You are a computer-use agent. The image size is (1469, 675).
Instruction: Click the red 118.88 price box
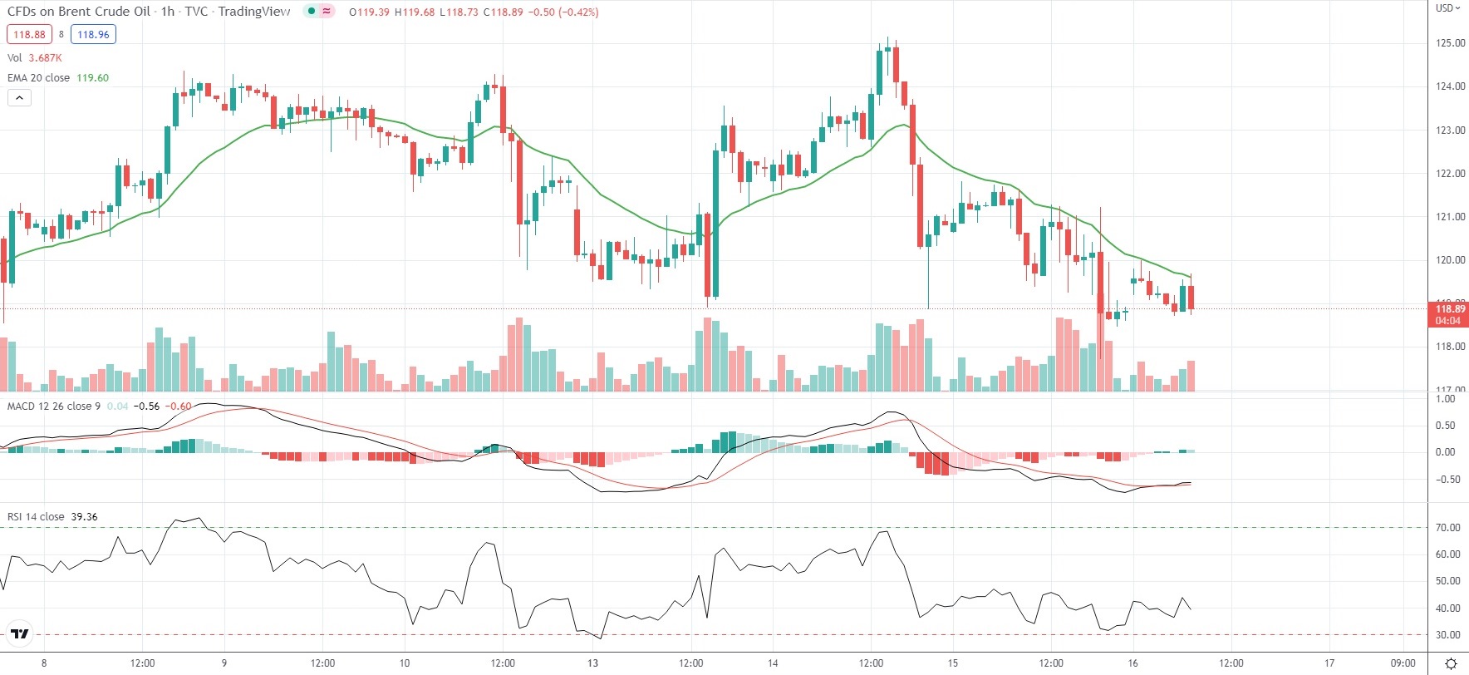pyautogui.click(x=29, y=34)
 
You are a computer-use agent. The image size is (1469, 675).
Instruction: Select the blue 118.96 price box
pyautogui.click(x=93, y=34)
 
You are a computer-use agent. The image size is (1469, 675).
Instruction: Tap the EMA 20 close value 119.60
pyautogui.click(x=92, y=77)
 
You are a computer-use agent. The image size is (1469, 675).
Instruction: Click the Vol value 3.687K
pyautogui.click(x=45, y=57)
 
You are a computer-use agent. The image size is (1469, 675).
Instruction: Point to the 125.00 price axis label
pyautogui.click(x=1451, y=43)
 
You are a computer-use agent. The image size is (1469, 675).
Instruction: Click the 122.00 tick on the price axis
pyautogui.click(x=1451, y=174)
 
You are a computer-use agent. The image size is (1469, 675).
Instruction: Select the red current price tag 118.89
pyautogui.click(x=1450, y=313)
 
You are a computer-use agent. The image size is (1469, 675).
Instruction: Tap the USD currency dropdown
pyautogui.click(x=1448, y=8)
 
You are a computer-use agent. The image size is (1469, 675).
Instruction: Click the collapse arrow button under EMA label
pyautogui.click(x=19, y=97)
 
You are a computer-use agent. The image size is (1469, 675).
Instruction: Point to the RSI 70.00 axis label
pyautogui.click(x=1448, y=528)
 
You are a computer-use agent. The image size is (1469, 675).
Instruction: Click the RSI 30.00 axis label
pyautogui.click(x=1448, y=635)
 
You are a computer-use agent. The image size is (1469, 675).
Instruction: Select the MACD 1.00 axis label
pyautogui.click(x=1446, y=399)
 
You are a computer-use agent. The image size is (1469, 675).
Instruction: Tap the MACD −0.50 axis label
pyautogui.click(x=1446, y=480)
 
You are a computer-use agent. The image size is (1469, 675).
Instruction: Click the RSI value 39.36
pyautogui.click(x=84, y=516)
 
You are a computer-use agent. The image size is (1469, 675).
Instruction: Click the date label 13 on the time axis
pyautogui.click(x=592, y=663)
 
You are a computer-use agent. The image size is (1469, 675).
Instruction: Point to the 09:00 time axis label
pyautogui.click(x=1403, y=663)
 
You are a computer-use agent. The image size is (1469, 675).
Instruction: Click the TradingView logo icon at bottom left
pyautogui.click(x=20, y=634)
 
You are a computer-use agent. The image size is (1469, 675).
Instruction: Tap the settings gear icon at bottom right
pyautogui.click(x=1451, y=663)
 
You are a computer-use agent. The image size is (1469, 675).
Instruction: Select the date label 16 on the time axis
pyautogui.click(x=1132, y=663)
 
